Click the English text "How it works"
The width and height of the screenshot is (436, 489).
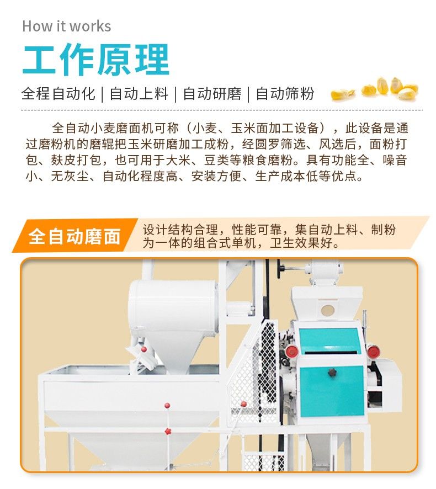(x=66, y=26)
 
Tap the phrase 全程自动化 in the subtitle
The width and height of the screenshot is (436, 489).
(x=58, y=94)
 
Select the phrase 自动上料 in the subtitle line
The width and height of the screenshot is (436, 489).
(x=139, y=94)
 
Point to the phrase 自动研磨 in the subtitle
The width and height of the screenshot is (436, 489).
(x=212, y=94)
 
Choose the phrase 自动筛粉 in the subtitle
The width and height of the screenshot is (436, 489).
(x=285, y=94)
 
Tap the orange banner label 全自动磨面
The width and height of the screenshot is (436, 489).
(x=75, y=236)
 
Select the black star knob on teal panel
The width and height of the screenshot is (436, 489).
(x=332, y=373)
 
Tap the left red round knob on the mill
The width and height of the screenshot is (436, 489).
(x=291, y=352)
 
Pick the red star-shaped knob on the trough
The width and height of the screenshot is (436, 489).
(x=167, y=430)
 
